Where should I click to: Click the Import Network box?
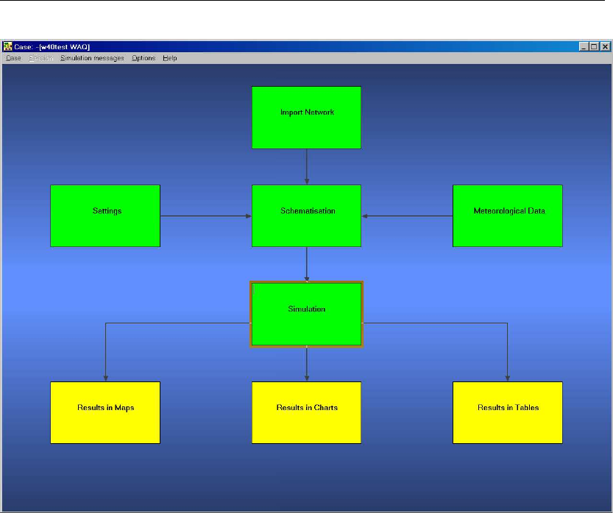[x=306, y=118]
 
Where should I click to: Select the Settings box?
[x=105, y=215]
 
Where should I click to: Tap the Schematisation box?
[x=306, y=215]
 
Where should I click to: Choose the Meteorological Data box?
[x=507, y=215]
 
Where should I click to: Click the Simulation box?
[x=306, y=314]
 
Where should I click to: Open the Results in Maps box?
[x=105, y=412]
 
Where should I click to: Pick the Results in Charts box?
[x=306, y=412]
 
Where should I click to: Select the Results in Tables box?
[x=507, y=412]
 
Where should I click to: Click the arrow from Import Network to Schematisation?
[x=307, y=166]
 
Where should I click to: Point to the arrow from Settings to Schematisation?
[x=206, y=216]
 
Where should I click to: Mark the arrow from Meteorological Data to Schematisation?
[x=407, y=216]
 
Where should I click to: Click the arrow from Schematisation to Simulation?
[x=307, y=264]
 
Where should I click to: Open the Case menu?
[x=13, y=58]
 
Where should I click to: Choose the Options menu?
[x=143, y=58]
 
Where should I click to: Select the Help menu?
[x=170, y=58]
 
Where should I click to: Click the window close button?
[x=605, y=46]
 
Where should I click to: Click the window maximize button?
[x=594, y=46]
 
